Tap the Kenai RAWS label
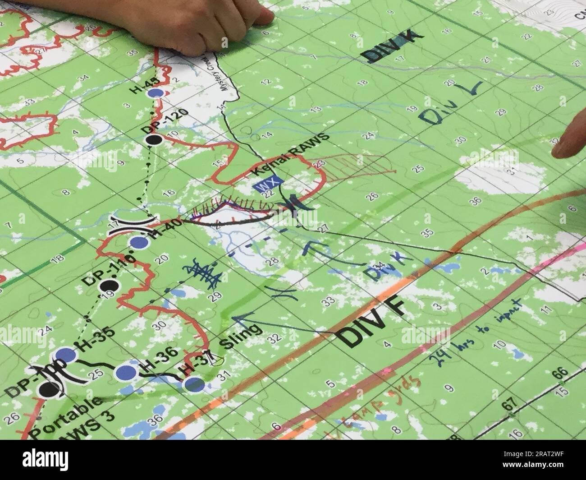point(290,155)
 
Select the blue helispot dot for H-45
point(156,93)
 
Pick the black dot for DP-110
point(108,286)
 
